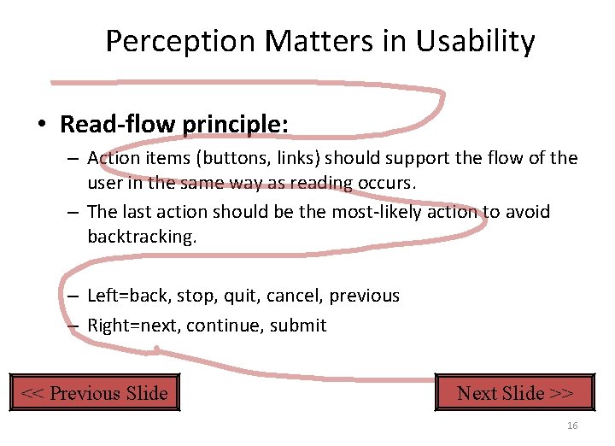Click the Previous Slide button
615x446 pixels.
[x=94, y=393]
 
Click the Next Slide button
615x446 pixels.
[x=515, y=393]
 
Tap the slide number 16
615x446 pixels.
[x=572, y=426]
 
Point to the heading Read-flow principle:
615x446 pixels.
[x=174, y=124]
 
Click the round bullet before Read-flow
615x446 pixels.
[x=42, y=125]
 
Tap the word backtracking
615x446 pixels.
[x=141, y=237]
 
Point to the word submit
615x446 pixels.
[x=298, y=326]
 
